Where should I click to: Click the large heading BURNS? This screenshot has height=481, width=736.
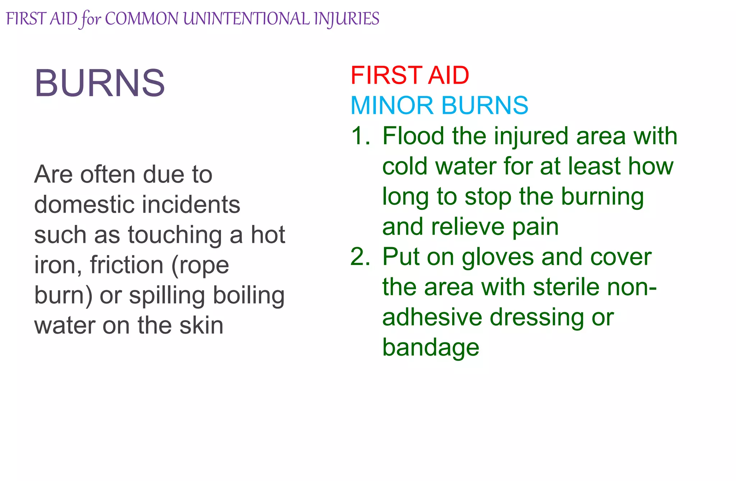100,83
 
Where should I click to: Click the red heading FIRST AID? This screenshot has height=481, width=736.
410,75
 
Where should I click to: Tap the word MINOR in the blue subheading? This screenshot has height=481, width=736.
392,106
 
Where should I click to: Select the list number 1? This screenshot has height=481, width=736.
360,136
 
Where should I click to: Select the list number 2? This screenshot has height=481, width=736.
360,257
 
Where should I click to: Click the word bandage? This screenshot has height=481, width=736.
431,348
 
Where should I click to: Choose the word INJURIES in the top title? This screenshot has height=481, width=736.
346,19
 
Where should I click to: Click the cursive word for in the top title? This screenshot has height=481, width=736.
91,19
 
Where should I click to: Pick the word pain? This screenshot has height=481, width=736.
535,227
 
